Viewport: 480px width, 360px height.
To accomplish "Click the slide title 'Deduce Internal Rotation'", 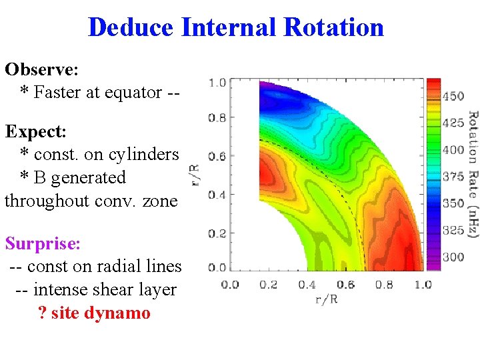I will [x=235, y=27].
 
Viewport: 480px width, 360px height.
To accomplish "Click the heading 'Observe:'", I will [x=41, y=69].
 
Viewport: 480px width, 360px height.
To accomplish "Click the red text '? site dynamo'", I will [x=94, y=313].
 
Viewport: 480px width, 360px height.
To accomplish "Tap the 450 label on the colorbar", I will [x=454, y=96].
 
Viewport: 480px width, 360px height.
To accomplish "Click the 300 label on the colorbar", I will [x=454, y=257].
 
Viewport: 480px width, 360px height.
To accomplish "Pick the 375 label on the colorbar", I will [x=454, y=177].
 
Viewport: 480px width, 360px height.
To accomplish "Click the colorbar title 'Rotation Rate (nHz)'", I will [x=473, y=174].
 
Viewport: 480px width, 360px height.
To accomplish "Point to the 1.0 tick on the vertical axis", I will [x=217, y=83].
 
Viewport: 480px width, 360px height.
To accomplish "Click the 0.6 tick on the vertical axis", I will [x=217, y=157].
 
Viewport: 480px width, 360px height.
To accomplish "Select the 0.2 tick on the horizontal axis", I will [x=268, y=285].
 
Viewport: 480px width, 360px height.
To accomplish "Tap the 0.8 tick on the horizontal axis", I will [x=383, y=285].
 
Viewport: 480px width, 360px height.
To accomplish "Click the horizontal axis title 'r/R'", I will [x=326, y=299].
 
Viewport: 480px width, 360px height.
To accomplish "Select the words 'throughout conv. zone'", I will [x=91, y=200].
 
